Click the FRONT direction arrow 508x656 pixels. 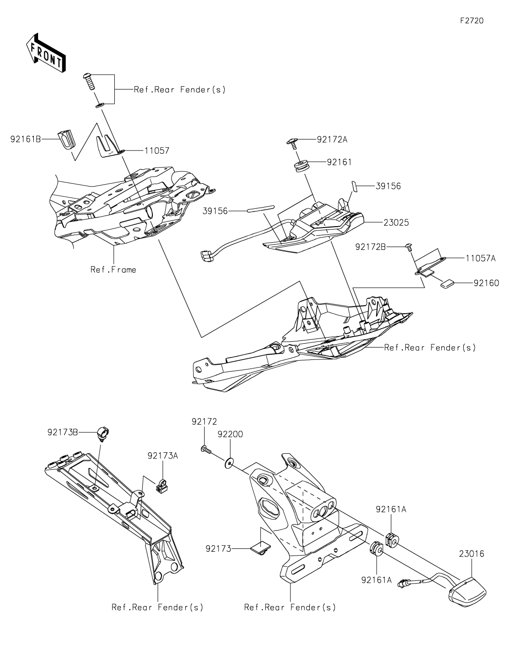coord(46,53)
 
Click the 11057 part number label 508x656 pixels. coord(157,150)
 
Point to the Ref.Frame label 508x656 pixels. coord(113,270)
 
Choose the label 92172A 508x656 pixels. coord(332,139)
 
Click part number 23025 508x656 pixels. coord(396,222)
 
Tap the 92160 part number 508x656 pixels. coord(486,283)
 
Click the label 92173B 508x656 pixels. coord(63,432)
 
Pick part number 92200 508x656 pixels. coord(230,434)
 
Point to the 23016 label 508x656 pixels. coord(472,554)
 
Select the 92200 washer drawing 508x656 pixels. coord(230,461)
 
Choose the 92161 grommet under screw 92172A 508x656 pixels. coord(301,167)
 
